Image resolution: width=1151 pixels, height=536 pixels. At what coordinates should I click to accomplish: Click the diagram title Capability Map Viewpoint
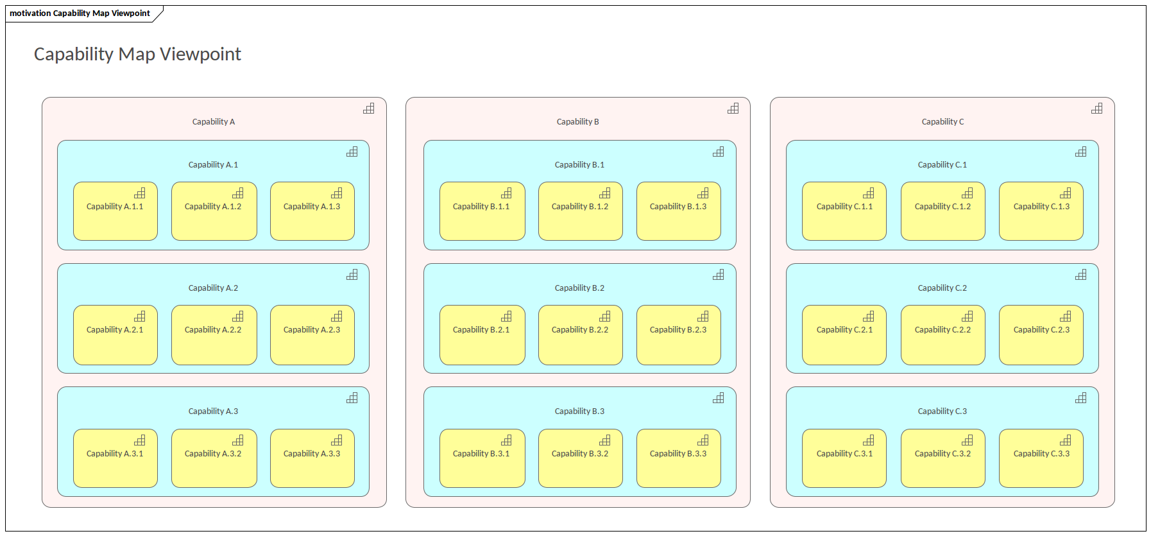point(137,54)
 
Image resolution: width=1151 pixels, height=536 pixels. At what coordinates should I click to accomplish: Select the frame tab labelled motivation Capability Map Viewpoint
point(80,13)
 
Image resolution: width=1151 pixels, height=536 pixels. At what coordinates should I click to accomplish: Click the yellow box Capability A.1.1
point(115,211)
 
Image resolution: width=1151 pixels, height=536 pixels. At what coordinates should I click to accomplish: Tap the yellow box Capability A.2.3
point(312,335)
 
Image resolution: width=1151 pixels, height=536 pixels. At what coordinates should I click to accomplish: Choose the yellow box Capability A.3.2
point(214,458)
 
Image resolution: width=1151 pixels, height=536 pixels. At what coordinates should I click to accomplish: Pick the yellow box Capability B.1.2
point(580,211)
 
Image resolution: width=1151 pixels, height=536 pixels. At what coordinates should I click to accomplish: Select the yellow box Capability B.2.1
point(482,335)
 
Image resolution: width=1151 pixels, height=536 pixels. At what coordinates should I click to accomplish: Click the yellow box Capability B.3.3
point(678,458)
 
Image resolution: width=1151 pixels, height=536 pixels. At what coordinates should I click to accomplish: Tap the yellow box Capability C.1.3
point(1041,211)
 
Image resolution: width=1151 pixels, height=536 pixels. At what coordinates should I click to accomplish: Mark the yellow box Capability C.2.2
point(942,335)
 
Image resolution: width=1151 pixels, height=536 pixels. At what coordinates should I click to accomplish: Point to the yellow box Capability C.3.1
point(844,458)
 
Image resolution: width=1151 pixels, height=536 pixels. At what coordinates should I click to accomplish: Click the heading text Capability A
point(214,122)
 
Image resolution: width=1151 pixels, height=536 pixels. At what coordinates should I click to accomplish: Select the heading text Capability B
point(577,122)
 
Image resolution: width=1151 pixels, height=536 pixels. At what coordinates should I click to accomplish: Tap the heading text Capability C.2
point(942,288)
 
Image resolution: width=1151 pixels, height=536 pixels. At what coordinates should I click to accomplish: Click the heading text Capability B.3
point(579,411)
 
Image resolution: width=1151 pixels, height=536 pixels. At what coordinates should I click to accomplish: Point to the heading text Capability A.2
point(213,288)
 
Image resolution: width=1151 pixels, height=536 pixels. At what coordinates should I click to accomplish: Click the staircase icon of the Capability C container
point(1096,108)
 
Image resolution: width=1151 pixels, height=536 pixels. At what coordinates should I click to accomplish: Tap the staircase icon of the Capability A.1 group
point(352,151)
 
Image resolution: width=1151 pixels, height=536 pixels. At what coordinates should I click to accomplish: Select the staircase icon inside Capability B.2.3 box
point(703,316)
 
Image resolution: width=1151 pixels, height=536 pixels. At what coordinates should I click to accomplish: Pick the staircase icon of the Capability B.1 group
point(718,151)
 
